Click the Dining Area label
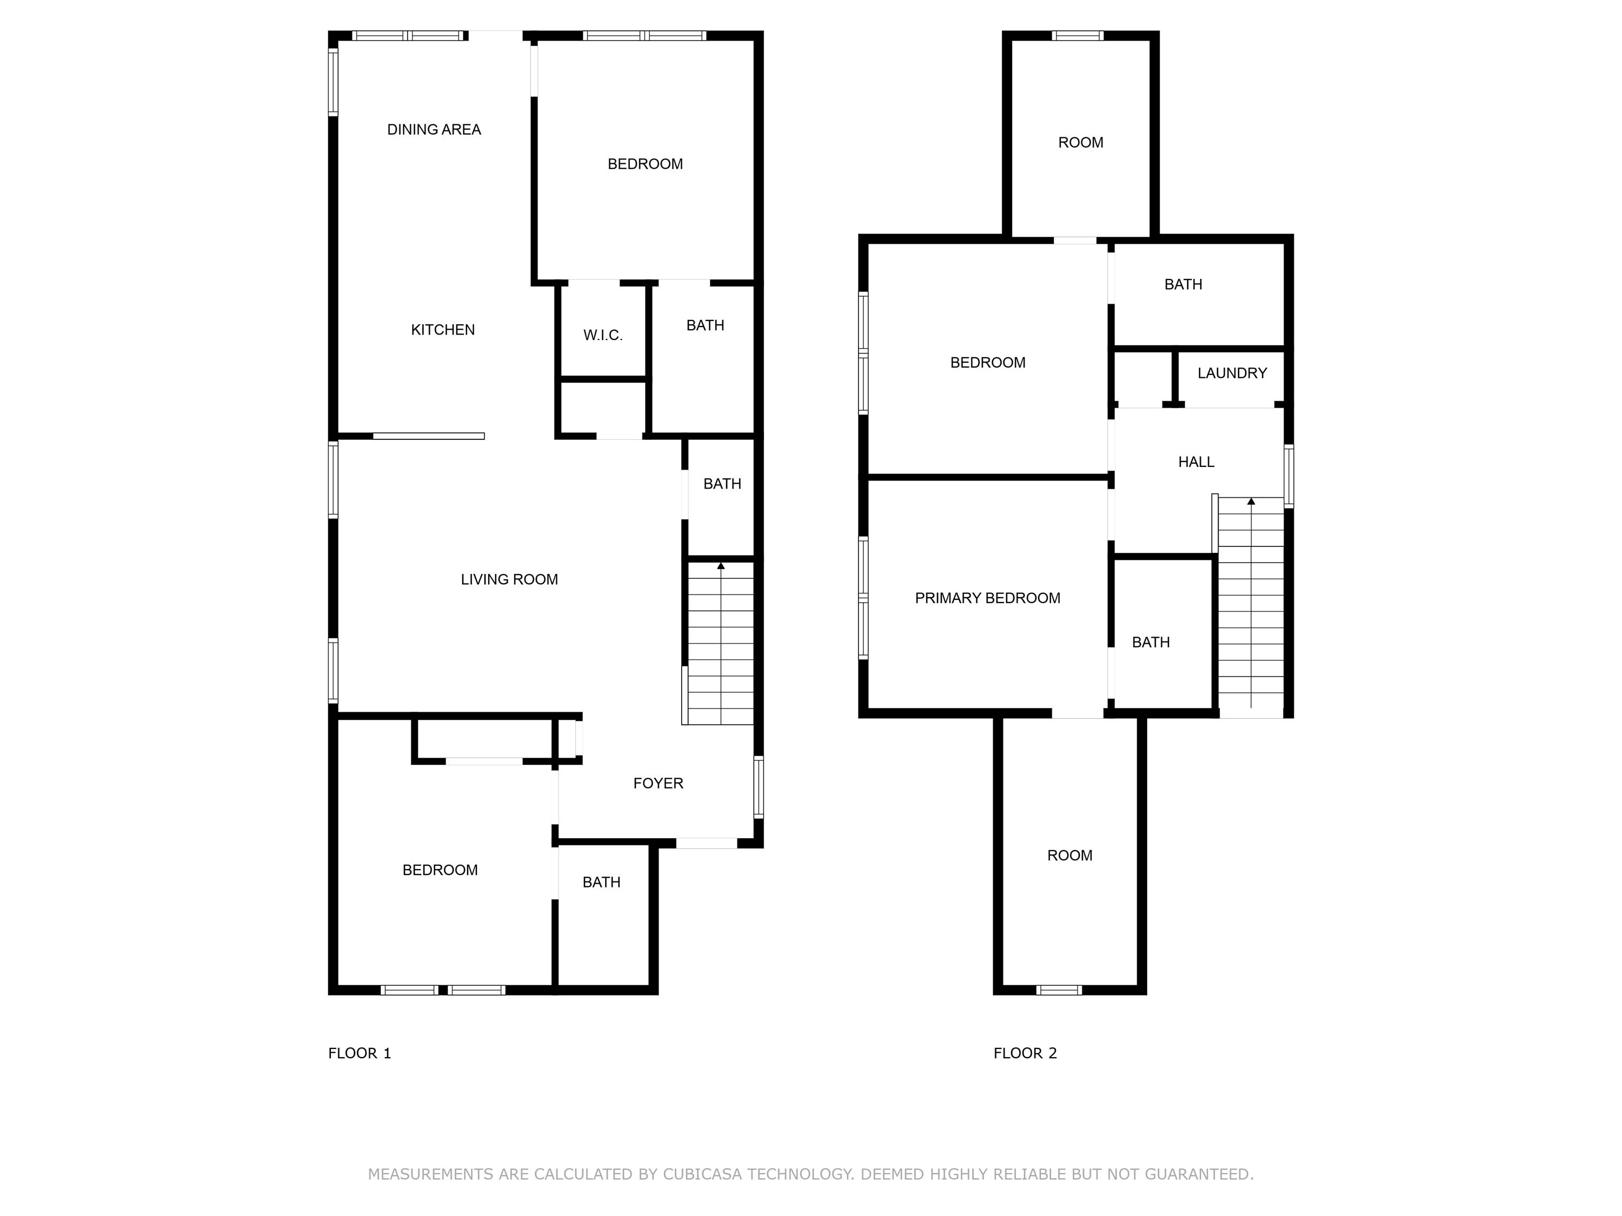tap(434, 130)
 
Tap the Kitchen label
tap(443, 330)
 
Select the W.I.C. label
tap(603, 336)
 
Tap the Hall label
tap(1196, 462)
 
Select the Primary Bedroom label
tap(988, 598)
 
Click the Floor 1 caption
tap(360, 1053)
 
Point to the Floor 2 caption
tap(1025, 1053)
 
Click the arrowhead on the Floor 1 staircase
tap(721, 566)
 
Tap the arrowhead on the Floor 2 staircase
tap(1251, 502)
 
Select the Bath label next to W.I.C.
tap(706, 325)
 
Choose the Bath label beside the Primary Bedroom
tap(1151, 643)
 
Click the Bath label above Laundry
tap(1183, 284)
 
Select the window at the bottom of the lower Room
tap(1059, 990)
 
